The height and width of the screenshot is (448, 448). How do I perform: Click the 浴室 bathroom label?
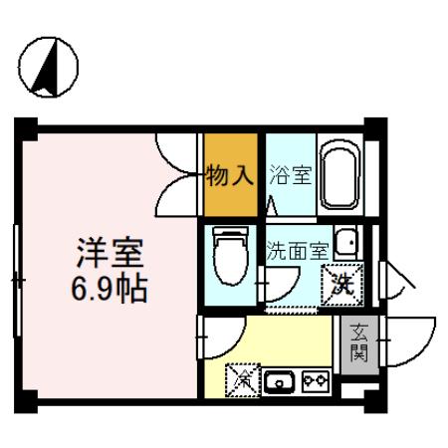click(290, 176)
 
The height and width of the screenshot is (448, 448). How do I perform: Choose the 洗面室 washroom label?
click(296, 252)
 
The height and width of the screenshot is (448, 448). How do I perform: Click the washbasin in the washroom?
click(347, 245)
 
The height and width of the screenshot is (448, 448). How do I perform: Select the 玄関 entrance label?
click(358, 344)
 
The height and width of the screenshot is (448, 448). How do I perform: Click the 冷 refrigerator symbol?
click(242, 378)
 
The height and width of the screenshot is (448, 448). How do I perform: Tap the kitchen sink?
click(280, 379)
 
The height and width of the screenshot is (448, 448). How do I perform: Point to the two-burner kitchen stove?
click(316, 378)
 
